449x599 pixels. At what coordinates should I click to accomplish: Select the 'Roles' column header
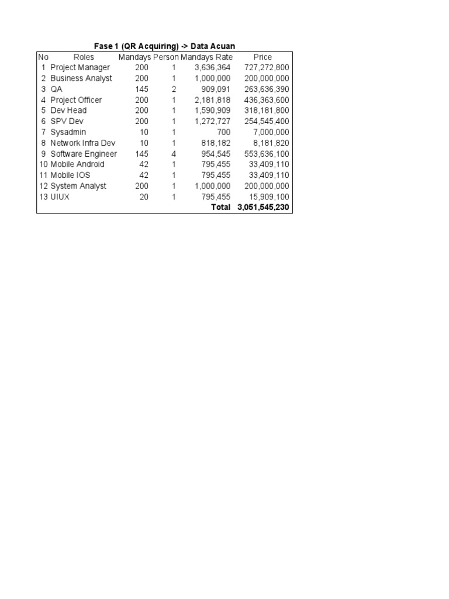tap(84, 57)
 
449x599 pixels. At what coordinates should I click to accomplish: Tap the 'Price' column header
tap(263, 57)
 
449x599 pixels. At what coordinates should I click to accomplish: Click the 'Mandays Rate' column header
tap(206, 57)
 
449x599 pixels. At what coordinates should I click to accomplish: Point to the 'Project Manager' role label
tap(80, 68)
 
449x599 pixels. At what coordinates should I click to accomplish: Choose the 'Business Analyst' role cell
tap(81, 78)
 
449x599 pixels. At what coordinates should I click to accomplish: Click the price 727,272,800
tap(266, 68)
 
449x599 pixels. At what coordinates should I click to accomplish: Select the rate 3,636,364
tap(213, 68)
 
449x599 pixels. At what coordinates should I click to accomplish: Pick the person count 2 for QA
tap(174, 89)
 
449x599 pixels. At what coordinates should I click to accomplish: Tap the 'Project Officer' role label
tap(76, 100)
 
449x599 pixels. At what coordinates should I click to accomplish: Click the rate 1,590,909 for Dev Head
tap(213, 111)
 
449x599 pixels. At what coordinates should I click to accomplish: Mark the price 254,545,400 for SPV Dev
tap(266, 122)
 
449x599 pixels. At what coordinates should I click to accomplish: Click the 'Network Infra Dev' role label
tap(83, 143)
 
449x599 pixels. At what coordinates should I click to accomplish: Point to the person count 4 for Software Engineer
tap(174, 154)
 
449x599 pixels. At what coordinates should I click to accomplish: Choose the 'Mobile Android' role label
tap(77, 164)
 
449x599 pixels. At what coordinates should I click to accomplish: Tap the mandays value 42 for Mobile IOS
tap(144, 175)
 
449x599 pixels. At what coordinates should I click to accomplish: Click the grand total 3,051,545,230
tap(263, 208)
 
